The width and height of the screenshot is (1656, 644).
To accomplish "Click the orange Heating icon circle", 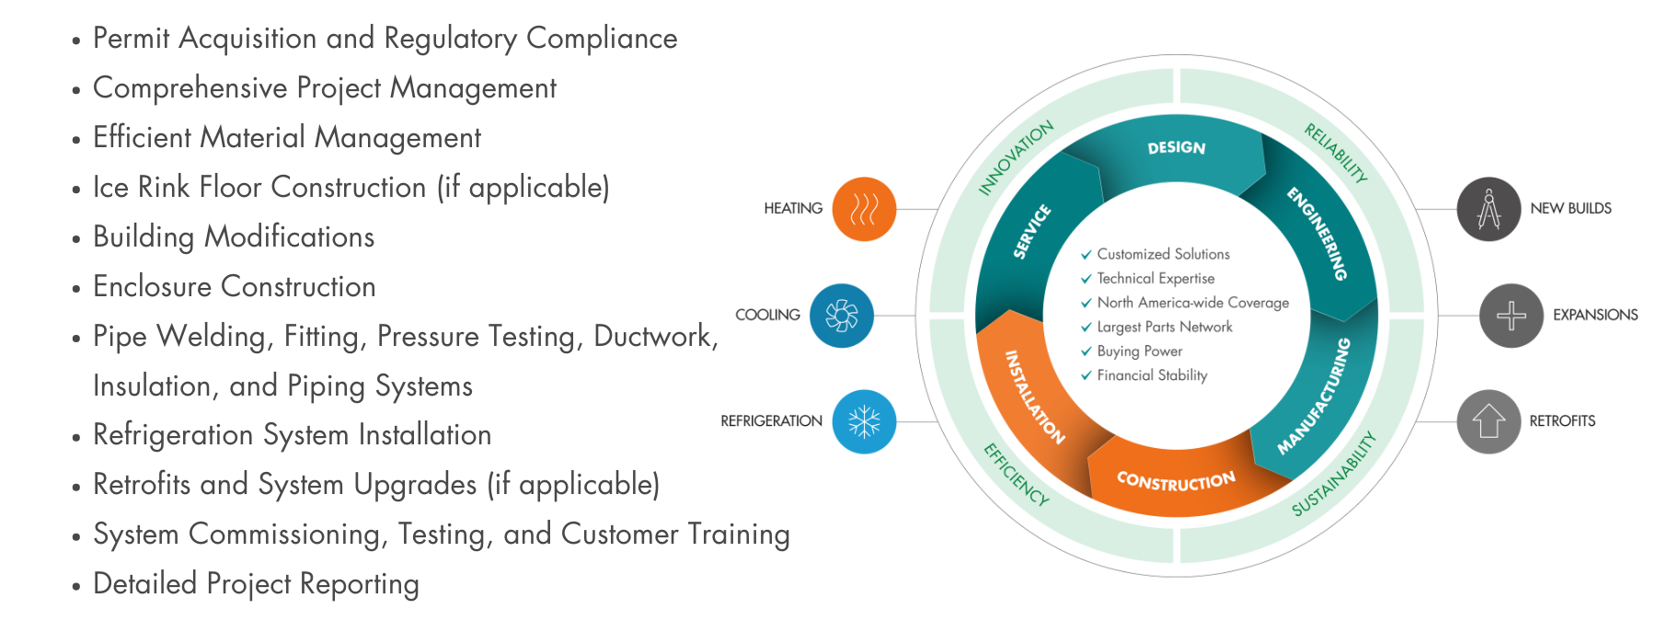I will coord(863,210).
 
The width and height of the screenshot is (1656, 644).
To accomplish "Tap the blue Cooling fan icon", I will coord(841,316).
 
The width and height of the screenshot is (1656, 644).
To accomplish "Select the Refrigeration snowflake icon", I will coord(863,421).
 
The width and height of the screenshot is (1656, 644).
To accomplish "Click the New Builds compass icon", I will coord(1489,210).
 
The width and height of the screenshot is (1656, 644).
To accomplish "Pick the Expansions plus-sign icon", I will coord(1511,316).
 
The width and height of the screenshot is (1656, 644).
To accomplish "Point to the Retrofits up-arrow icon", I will coord(1489,421).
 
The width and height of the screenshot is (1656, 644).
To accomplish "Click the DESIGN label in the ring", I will coord(1176,148).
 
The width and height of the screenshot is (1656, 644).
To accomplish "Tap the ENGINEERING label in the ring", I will coord(1317,234).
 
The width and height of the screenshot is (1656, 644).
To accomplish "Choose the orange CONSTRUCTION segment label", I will coord(1176,480).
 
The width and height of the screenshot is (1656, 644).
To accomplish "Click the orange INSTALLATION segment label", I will coord(1035,397).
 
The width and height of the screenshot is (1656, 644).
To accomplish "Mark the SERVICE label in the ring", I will coord(1032,232).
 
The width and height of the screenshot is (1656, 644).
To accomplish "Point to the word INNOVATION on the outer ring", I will coord(1016,157).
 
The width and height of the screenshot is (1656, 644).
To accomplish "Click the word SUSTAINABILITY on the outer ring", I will coord(1333,474).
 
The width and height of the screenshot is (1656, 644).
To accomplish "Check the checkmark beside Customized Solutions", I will coord(1086,254).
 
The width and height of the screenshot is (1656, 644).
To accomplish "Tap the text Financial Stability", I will coord(1152,375).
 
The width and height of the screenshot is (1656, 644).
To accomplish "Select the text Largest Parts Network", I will coord(1165,327).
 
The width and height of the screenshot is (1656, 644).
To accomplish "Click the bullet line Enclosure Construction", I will coord(235,287).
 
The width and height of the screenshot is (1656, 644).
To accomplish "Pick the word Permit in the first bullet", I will coord(132,39).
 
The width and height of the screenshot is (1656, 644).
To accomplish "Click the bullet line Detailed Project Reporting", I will coord(256,584).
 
